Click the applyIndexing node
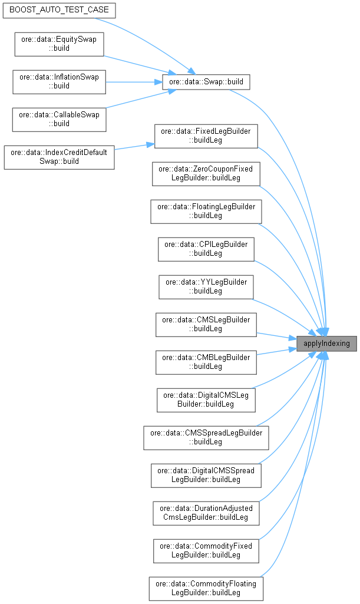326,343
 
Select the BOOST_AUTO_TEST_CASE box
59,11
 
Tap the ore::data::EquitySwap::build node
59,44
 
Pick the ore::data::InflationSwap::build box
59,81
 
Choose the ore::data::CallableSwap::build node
59,119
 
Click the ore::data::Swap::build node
206,81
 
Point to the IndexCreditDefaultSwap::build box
59,157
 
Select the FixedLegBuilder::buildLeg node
206,136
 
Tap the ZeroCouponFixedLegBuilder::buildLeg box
206,173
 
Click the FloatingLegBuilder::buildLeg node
206,211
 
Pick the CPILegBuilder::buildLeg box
206,249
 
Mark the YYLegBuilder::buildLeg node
206,286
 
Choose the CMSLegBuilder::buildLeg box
206,324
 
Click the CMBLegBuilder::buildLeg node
206,362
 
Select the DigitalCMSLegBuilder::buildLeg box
206,400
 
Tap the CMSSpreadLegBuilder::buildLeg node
206,437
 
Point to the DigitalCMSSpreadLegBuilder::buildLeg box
206,475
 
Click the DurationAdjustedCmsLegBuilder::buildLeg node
206,513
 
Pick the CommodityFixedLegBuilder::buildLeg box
206,550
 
